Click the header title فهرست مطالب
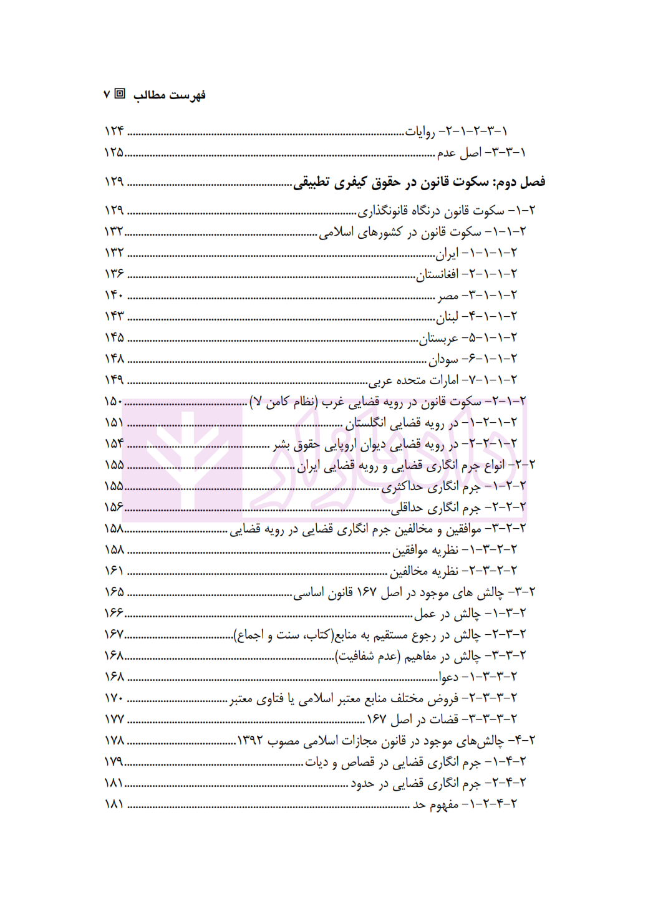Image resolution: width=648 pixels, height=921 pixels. [169, 95]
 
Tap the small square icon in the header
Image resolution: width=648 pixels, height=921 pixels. [120, 94]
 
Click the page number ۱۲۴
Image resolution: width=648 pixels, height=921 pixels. [114, 131]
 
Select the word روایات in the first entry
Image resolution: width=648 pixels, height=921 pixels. [420, 132]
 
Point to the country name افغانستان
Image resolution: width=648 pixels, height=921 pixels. [438, 274]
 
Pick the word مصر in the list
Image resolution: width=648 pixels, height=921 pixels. [448, 296]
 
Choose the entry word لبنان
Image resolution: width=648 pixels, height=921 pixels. [447, 317]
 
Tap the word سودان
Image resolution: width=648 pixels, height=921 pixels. [443, 359]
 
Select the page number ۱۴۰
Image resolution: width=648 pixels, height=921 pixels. [114, 295]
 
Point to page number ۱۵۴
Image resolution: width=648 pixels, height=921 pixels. [114, 443]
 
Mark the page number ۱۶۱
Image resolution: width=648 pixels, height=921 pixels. [114, 571]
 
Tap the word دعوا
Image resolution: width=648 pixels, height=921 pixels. [448, 677]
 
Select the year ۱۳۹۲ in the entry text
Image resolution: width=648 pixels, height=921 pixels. [250, 741]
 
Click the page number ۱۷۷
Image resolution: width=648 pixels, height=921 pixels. [114, 719]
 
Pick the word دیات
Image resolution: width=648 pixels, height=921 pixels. [316, 762]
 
